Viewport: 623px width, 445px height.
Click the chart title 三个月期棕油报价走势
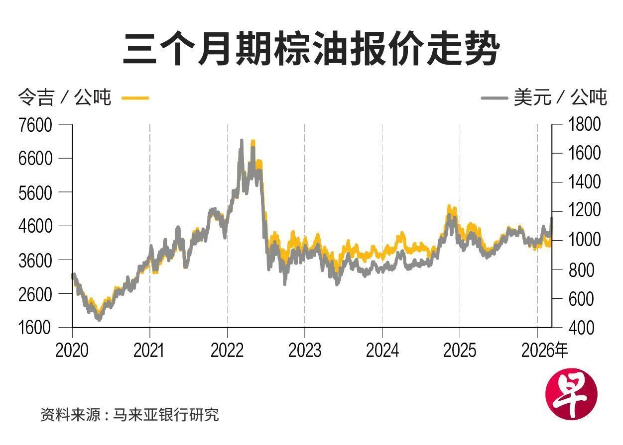pos(311,49)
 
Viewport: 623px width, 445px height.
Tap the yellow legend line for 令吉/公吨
pos(135,98)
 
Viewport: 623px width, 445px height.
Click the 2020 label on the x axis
pos(72,350)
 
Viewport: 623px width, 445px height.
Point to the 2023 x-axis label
pos(305,350)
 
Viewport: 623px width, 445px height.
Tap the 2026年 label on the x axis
pos(545,350)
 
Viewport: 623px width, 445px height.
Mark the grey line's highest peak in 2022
pos(242,141)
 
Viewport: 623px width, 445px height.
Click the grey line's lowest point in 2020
pos(99,319)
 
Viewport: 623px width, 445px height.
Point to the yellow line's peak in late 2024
pos(449,206)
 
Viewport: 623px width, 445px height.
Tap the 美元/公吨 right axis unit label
pos(560,98)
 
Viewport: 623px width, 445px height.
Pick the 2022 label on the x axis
pos(228,350)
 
